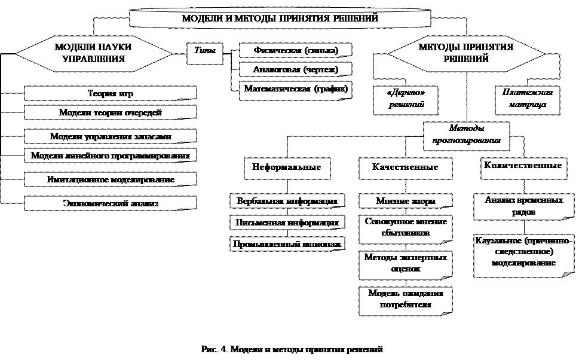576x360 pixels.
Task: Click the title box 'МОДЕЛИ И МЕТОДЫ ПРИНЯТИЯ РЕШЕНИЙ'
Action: (280, 19)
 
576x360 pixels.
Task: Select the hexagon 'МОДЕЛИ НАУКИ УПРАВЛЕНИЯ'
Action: (93, 53)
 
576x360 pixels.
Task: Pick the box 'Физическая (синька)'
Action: (295, 50)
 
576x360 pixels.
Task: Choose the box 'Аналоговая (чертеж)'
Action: (295, 69)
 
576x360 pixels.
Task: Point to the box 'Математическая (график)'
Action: (295, 90)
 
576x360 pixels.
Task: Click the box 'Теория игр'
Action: (111, 94)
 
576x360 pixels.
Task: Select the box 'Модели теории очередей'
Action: (111, 112)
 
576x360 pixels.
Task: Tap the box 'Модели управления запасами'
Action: (111, 136)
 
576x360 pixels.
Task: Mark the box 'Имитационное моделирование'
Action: (111, 179)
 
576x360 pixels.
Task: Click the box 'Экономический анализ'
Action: (111, 203)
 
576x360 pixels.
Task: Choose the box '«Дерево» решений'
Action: (405, 100)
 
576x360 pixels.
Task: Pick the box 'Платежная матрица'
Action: (528, 100)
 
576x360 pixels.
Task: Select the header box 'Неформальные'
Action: (287, 168)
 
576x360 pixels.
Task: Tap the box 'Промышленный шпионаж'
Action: (287, 244)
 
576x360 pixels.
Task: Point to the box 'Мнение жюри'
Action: (405, 201)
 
